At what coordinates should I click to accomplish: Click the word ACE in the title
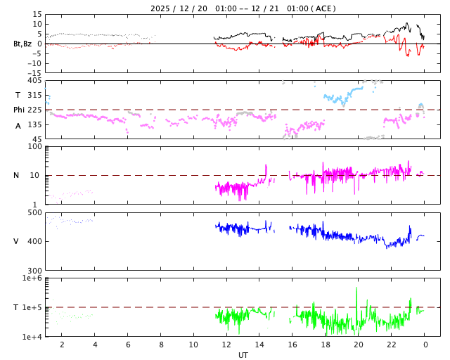tap(325, 8)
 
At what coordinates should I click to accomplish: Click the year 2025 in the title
tap(162, 8)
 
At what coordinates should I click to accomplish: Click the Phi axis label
tap(20, 110)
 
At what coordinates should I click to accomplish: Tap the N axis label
tap(16, 175)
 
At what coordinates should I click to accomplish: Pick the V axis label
tap(16, 241)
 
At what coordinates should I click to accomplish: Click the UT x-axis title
tap(243, 355)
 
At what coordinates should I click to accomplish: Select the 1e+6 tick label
tap(32, 278)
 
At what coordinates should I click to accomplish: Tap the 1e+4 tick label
tap(32, 337)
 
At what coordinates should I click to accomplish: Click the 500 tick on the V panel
tap(34, 212)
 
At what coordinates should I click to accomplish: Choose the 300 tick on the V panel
tap(34, 271)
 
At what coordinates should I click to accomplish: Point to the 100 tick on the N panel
tap(34, 146)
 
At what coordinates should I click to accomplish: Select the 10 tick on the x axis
tap(193, 345)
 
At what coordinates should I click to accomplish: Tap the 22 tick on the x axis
tap(392, 345)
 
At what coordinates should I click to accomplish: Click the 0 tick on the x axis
tap(425, 345)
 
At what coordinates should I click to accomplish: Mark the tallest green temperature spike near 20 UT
tap(356, 288)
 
